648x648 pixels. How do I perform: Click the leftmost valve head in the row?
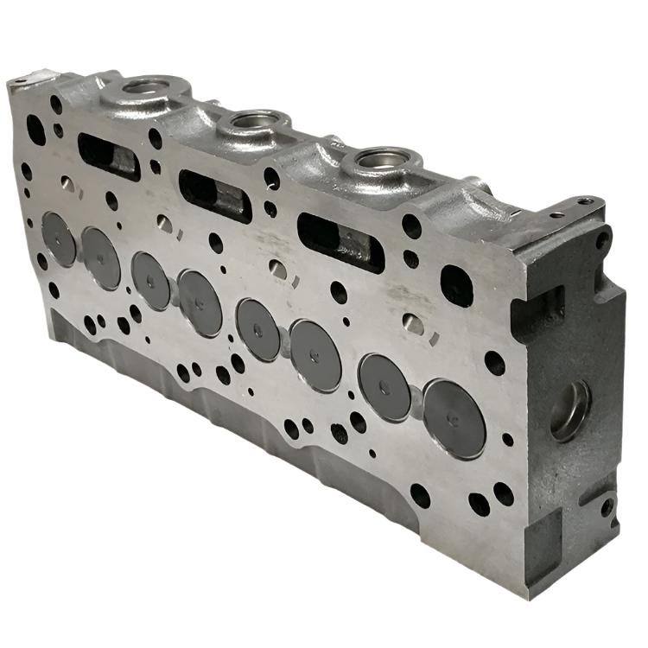point(59,238)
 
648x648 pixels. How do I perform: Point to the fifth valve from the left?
point(258,329)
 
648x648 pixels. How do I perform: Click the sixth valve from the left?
point(315,355)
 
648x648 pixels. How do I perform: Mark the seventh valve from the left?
point(384,387)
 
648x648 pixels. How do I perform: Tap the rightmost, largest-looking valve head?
point(454,419)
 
